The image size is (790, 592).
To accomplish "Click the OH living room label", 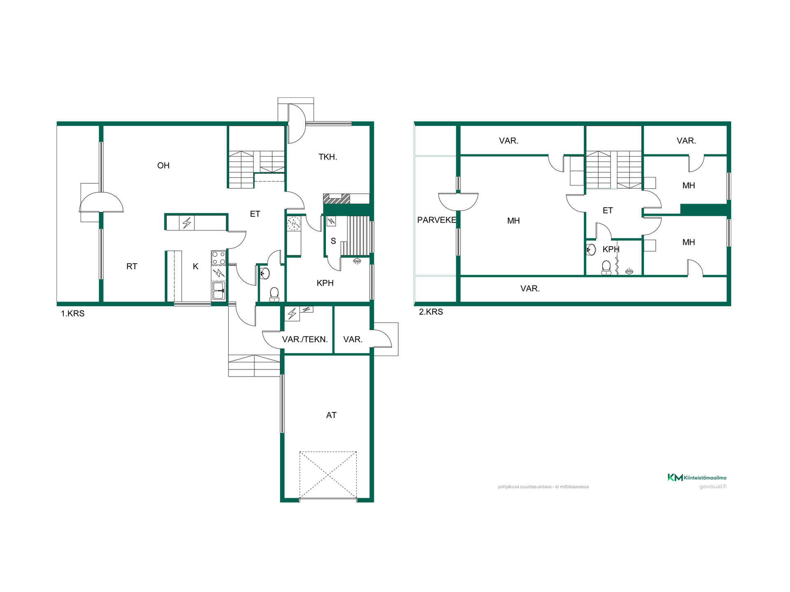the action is coord(163,166).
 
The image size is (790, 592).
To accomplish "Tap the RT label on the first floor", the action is coord(132,266).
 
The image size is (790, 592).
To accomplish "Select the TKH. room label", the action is coord(328,157).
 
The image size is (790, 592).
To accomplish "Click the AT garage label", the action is coord(331,415).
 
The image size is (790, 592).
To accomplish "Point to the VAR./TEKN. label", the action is coord(305,340).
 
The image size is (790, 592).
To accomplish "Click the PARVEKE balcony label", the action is coord(437,220).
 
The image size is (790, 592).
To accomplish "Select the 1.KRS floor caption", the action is coord(73,314).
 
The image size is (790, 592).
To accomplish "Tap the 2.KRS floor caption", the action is coord(431,312).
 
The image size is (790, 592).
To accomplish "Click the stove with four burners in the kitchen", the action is coord(218,258).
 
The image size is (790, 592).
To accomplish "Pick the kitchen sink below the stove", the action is coord(218,290).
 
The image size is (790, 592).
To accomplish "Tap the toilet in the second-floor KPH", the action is coord(606,268).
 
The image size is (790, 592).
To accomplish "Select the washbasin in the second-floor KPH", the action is coord(591,250).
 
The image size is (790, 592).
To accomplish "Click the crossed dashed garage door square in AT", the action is coord(328,475).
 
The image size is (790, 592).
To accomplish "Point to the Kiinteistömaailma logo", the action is coord(697,477).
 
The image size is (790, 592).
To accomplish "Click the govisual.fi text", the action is coord(713,487).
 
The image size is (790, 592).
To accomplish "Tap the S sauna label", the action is coord(333,241).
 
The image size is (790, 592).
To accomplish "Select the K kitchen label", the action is coord(195,266).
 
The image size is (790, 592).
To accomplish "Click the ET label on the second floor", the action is coord(608,210).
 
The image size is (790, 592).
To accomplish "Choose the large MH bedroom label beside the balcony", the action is coord(513,221).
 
